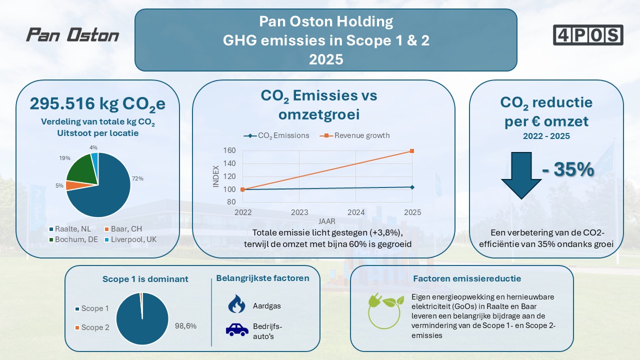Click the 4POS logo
588,35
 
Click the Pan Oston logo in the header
72,35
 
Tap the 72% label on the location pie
137,178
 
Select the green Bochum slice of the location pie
81,169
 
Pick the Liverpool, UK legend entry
131,239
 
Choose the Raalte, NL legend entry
70,229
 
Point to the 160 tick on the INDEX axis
229,150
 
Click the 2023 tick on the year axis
299,212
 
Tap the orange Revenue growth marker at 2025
412,151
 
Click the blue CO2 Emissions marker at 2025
412,187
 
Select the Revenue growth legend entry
355,135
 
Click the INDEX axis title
215,176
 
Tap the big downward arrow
521,175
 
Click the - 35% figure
568,169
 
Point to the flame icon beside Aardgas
236,303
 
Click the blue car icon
237,329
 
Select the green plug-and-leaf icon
385,311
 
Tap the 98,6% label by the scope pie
185,326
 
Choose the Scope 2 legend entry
92,327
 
